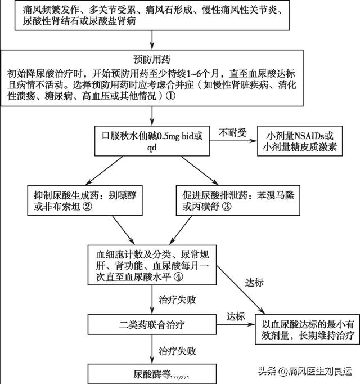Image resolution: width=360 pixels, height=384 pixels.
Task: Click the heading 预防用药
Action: point(152,60)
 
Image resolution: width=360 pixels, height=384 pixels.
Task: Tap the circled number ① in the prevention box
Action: point(171,96)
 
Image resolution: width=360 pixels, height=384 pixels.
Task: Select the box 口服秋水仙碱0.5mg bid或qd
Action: point(152,141)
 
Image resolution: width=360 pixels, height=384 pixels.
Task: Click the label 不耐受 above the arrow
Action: point(232,132)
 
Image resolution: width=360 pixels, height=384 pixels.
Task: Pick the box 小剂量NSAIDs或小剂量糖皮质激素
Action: point(300,141)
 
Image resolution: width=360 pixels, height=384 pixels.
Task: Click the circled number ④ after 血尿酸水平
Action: point(178,277)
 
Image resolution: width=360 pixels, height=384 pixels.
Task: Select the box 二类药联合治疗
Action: point(152,325)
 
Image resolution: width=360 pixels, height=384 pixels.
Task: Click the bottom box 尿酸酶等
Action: point(152,374)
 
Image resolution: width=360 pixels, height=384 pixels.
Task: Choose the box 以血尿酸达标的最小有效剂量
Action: point(307,329)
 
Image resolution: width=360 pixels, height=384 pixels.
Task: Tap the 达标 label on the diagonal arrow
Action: point(254,283)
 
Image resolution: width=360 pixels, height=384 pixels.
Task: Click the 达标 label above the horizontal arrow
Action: point(236,316)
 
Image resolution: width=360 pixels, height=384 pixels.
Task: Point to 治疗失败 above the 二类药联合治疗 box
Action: point(177,300)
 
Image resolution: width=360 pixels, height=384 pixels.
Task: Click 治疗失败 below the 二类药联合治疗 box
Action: point(177,351)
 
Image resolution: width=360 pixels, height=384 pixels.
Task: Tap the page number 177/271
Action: point(179,378)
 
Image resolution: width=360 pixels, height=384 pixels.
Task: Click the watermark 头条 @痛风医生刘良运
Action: point(305,371)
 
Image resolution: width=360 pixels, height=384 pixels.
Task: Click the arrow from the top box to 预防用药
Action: point(152,40)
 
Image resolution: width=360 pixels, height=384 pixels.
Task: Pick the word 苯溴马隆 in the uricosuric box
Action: point(276,195)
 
